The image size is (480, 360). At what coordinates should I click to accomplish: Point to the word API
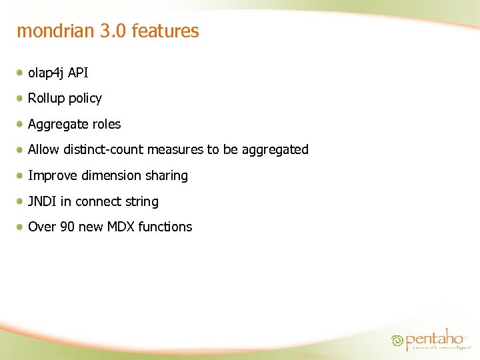(78, 73)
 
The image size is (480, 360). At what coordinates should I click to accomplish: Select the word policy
(85, 99)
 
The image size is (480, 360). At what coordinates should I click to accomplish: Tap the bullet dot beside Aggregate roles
(21, 123)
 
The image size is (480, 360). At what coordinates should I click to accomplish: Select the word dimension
(111, 176)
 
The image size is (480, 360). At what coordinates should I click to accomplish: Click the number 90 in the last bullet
(67, 227)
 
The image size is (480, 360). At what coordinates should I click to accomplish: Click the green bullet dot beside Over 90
(21, 226)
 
